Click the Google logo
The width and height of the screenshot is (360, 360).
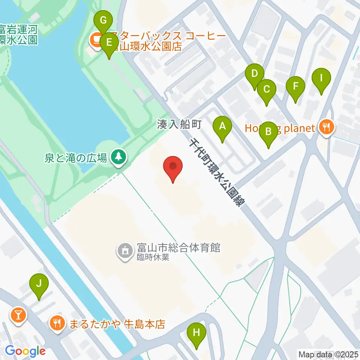pos(25,351)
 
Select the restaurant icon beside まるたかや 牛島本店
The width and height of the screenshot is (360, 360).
pos(57,323)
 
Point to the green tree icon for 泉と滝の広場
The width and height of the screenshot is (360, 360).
pos(118,157)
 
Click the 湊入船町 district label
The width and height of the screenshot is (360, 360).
pos(180,125)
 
